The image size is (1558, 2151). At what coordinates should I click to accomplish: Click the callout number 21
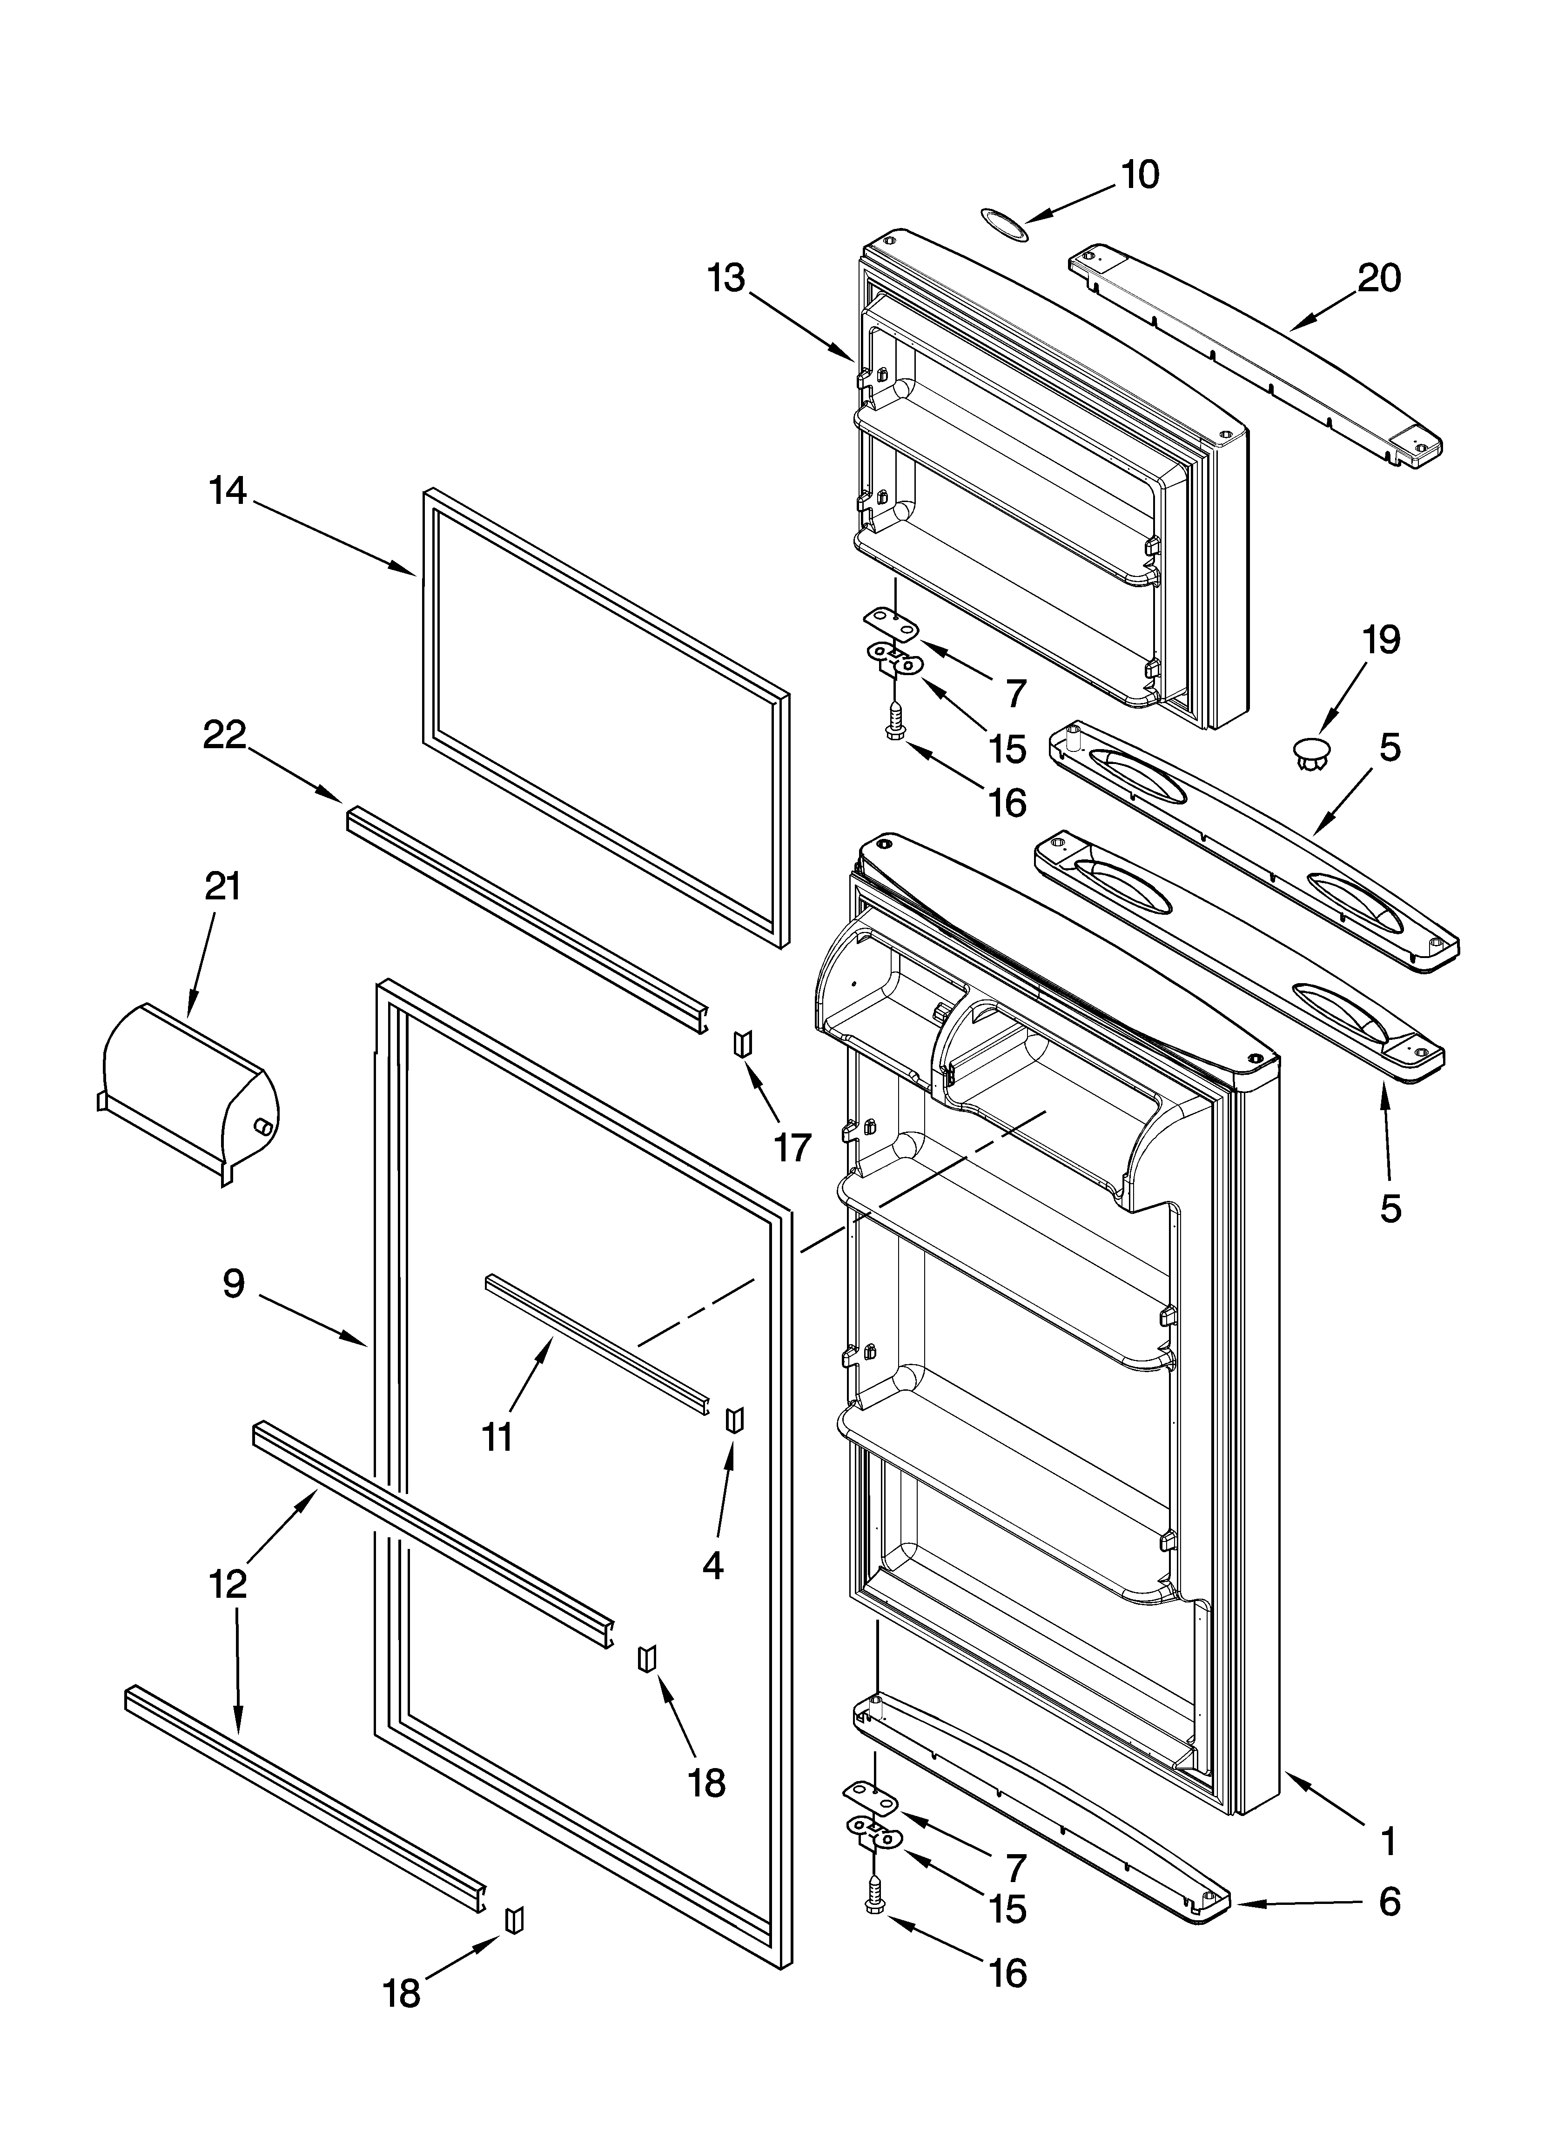point(223,887)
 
